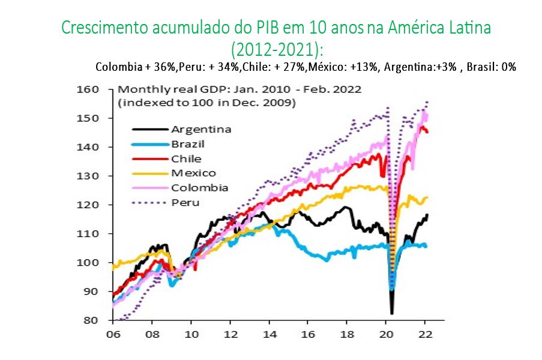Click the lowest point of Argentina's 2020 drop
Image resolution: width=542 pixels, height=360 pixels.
pyautogui.click(x=391, y=313)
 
